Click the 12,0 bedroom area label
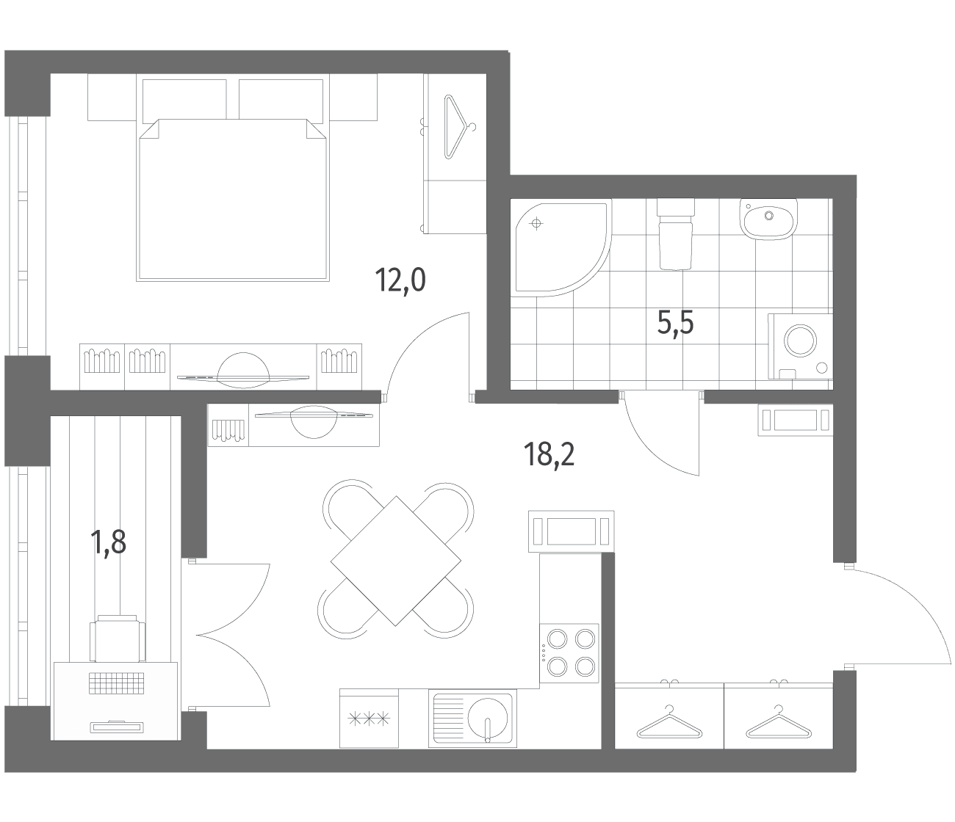[x=400, y=281]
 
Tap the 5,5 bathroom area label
[x=675, y=324]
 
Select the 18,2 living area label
[x=549, y=454]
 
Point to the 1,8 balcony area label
[x=109, y=542]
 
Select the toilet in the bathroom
[x=676, y=233]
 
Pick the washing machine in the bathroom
[x=800, y=346]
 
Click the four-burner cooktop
[x=569, y=653]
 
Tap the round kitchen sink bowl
[x=488, y=719]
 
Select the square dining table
[x=395, y=561]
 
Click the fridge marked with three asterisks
[x=369, y=719]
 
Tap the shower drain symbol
[x=536, y=225]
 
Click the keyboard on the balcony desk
[x=116, y=683]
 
